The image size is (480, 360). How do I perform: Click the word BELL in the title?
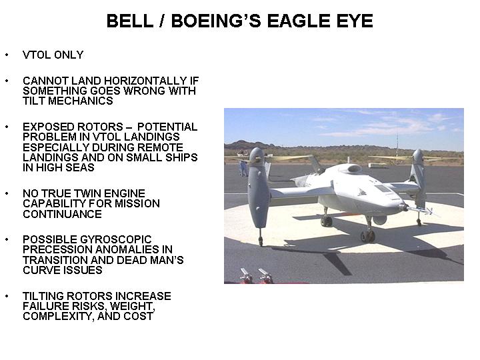click(x=130, y=21)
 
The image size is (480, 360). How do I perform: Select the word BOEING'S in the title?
click(x=216, y=21)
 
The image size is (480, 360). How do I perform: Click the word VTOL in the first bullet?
click(x=37, y=55)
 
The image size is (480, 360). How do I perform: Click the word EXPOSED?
click(x=49, y=127)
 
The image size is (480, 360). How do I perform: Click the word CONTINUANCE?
click(x=62, y=214)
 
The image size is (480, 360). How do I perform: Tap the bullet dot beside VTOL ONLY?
click(x=7, y=55)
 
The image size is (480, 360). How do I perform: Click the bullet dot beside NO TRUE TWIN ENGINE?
click(x=7, y=193)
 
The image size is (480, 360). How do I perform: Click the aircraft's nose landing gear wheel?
click(x=367, y=236)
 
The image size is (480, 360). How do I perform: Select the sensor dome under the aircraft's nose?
click(x=380, y=220)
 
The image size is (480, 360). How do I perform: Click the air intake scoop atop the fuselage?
click(x=353, y=168)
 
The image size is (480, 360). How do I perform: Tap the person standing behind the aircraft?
click(x=243, y=167)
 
